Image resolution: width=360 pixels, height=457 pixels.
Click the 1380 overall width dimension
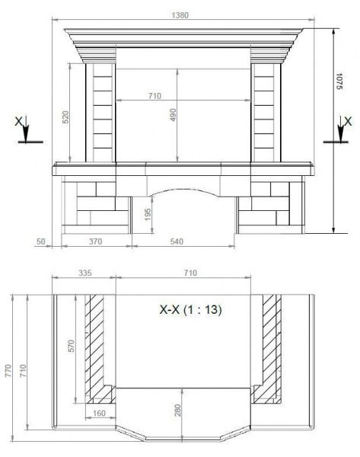tap(180, 15)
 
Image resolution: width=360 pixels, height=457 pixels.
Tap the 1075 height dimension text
tap(339, 81)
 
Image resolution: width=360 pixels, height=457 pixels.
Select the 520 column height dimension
tap(65, 117)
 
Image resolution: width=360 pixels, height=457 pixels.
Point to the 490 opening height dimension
tap(173, 115)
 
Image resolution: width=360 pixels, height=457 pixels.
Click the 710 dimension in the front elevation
tap(155, 96)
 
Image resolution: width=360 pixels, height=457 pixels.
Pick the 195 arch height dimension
tap(148, 214)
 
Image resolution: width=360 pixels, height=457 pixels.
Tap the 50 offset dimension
tap(41, 241)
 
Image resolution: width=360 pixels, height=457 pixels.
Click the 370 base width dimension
tap(96, 241)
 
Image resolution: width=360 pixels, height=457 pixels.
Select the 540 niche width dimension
tap(177, 241)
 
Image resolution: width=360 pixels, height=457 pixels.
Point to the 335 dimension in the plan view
tap(85, 273)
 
